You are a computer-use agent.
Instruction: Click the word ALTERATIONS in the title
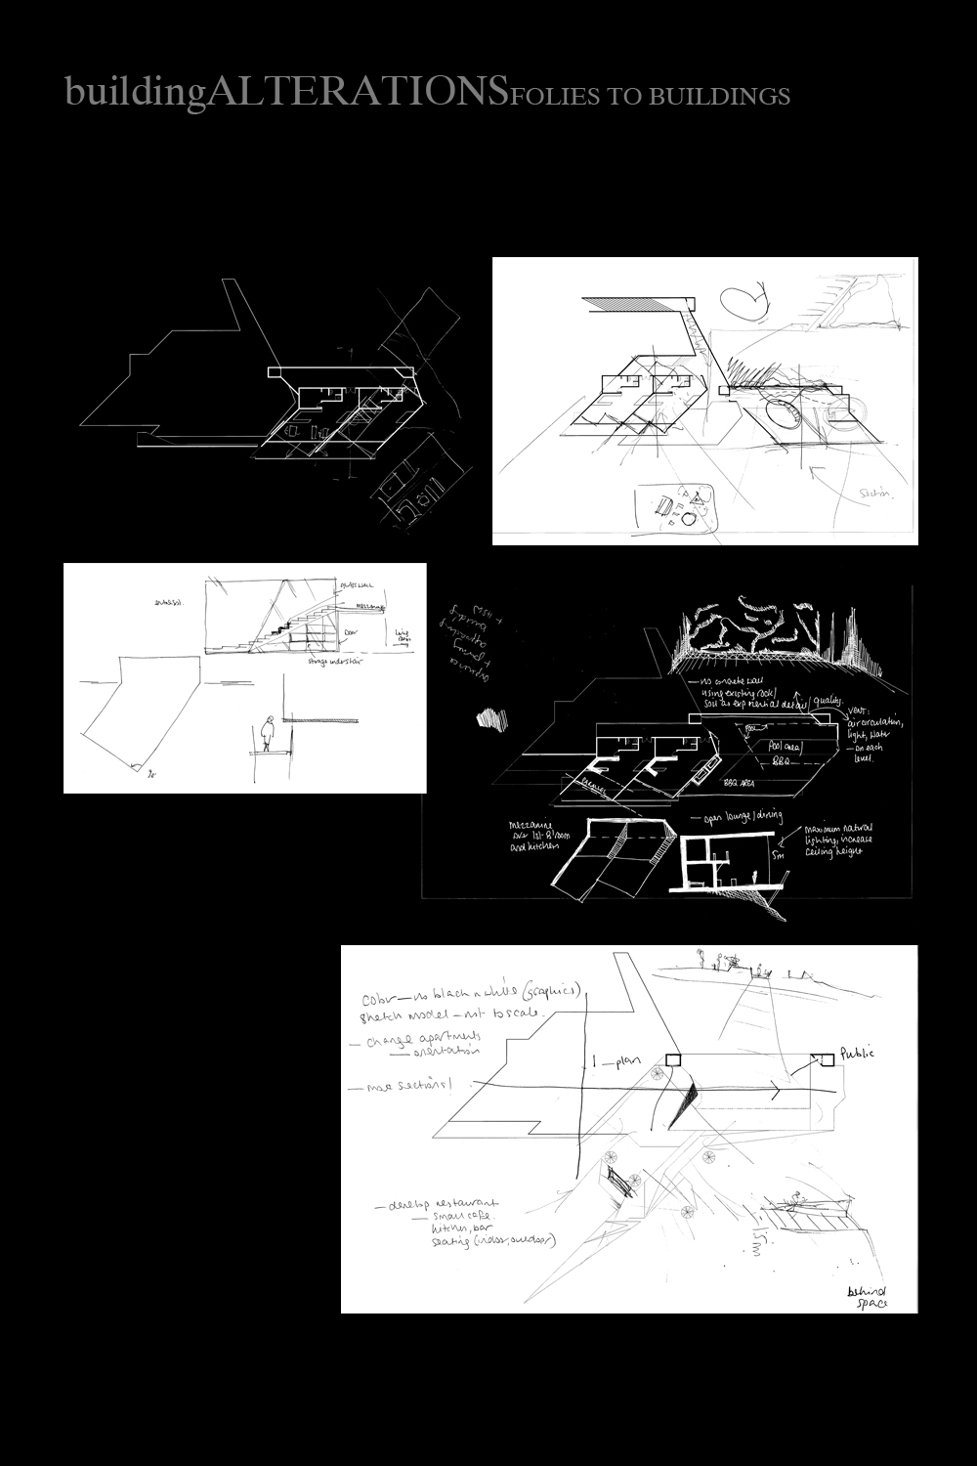tap(357, 92)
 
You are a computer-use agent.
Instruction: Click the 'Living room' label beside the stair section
tap(403, 635)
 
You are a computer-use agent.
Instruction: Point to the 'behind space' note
tap(864, 1295)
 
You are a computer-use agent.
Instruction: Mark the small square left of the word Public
tap(821, 1059)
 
